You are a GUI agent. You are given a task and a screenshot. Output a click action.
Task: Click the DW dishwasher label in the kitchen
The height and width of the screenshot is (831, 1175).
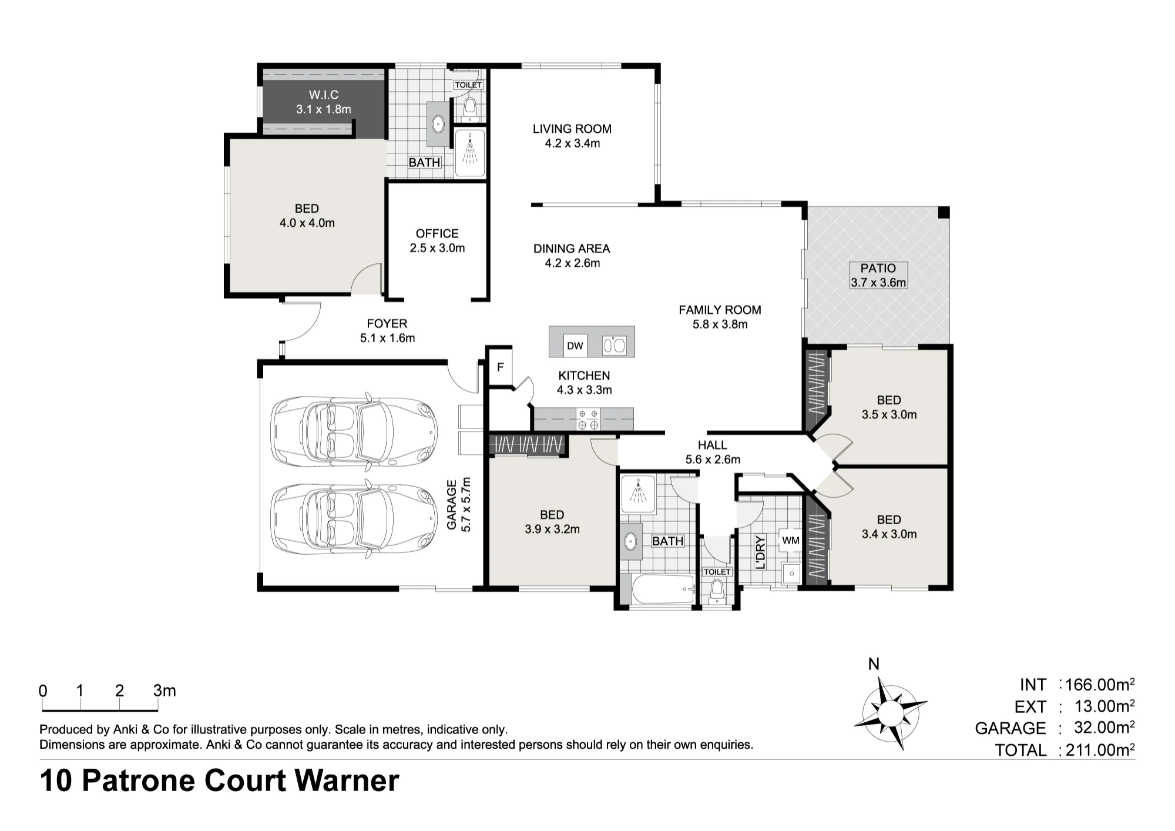pos(575,346)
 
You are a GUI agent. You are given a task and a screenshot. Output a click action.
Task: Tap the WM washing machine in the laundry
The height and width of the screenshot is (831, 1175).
pos(791,540)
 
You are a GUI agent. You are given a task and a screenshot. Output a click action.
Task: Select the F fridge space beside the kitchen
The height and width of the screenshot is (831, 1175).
pos(501,367)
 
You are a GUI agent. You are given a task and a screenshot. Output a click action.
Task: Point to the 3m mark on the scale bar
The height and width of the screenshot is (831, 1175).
pos(164,691)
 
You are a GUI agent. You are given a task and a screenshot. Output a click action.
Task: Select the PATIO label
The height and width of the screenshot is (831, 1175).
pos(878,268)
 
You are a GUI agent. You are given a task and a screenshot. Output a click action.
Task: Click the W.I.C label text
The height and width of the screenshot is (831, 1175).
pos(324,95)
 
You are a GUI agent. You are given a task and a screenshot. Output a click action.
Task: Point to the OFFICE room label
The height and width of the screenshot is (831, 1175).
pos(437,233)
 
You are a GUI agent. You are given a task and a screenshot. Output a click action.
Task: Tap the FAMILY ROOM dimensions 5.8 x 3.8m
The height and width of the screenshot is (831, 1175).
pos(720,324)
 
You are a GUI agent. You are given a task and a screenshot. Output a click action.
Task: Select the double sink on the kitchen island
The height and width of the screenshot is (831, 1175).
pos(615,346)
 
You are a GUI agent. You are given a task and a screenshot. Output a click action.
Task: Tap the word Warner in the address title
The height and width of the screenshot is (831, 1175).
pos(347,780)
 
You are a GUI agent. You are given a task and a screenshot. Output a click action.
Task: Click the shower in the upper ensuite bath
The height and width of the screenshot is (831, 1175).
pos(470,153)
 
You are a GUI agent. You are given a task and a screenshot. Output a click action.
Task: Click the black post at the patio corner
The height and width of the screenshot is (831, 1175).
pos(944,212)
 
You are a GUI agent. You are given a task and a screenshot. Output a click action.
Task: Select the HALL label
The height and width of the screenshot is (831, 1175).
pos(713,445)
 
